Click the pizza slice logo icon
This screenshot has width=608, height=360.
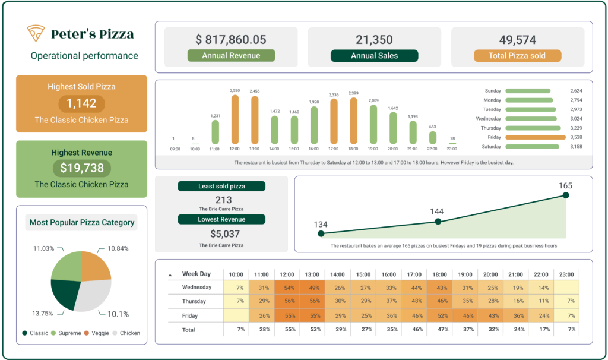(36, 33)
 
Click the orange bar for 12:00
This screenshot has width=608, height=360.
(235, 119)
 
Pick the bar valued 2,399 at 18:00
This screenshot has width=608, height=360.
(353, 120)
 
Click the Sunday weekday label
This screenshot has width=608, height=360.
(493, 91)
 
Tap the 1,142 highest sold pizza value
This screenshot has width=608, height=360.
(81, 103)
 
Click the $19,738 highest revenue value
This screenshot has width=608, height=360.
(81, 168)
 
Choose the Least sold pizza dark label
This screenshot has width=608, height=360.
(221, 187)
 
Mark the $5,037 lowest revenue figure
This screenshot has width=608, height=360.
(221, 233)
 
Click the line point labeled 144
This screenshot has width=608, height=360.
(438, 222)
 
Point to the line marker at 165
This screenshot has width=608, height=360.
(566, 195)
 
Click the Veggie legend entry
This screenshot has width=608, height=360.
(96, 333)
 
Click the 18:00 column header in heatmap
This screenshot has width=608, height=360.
(441, 274)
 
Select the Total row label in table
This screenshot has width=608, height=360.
(188, 329)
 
